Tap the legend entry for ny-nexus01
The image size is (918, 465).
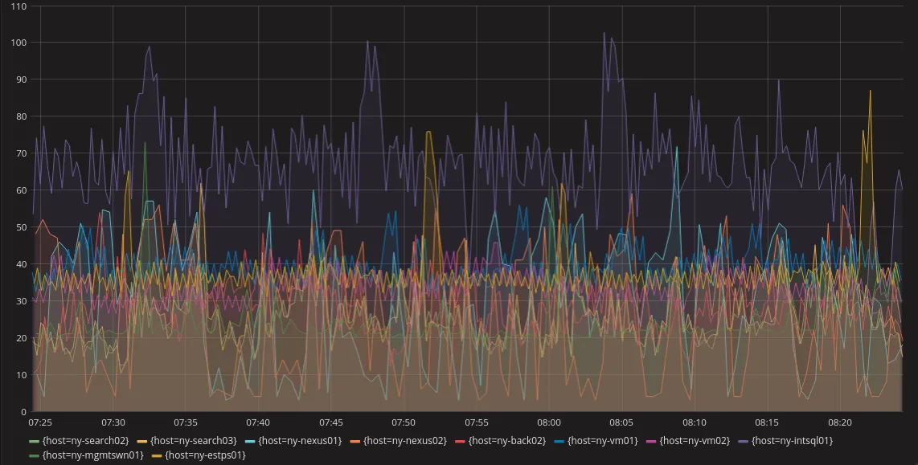[x=299, y=440]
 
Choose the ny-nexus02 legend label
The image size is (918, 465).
[x=404, y=440]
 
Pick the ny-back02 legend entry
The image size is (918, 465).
[x=506, y=440]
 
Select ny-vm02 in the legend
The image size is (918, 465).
[x=693, y=440]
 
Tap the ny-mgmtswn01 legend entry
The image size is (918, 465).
[x=92, y=455]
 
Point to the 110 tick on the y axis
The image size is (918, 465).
[x=18, y=6]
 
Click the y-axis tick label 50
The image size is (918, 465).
[x=20, y=227]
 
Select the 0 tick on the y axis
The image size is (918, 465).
[x=23, y=412]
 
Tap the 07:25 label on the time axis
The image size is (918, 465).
[x=40, y=422]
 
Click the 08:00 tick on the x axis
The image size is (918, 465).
[x=549, y=422]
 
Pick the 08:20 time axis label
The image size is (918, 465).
[x=840, y=422]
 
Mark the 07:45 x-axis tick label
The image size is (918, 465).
[x=331, y=422]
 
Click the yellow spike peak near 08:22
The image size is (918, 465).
[x=870, y=91]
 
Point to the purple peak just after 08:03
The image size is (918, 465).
[x=604, y=33]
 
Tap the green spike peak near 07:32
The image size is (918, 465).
[x=145, y=143]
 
